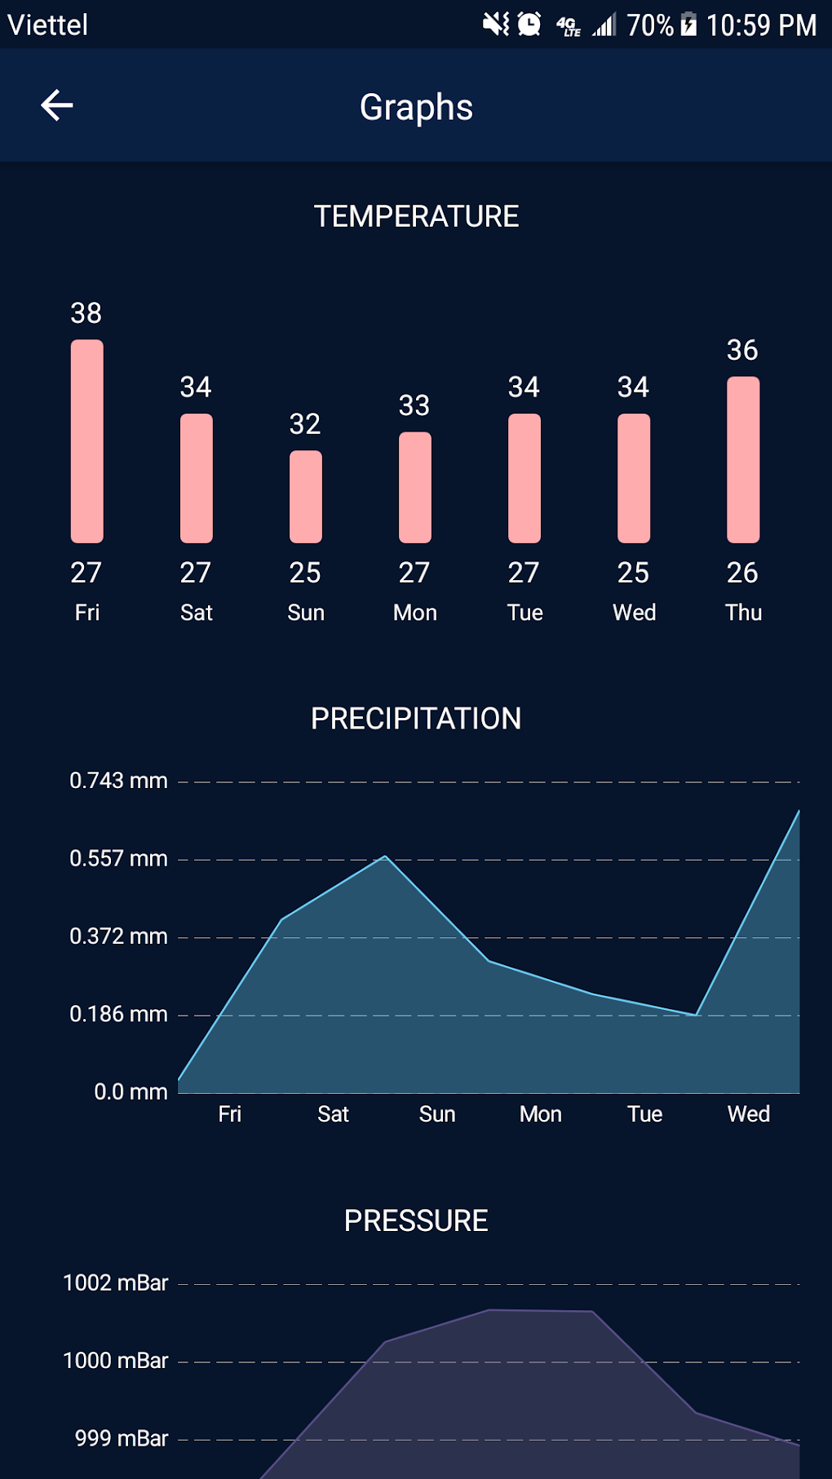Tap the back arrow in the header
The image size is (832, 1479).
point(57,105)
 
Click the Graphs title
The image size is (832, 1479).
point(416,107)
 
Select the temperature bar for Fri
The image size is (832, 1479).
point(87,441)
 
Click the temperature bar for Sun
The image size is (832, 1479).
point(306,497)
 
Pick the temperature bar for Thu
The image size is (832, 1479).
point(743,459)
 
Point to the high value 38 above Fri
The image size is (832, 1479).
point(86,313)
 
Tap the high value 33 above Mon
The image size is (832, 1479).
point(414,405)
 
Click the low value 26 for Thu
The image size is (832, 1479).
point(742,573)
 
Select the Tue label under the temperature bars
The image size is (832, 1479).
point(524,613)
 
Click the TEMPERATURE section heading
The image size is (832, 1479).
point(416,216)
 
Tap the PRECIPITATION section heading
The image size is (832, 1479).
point(416,719)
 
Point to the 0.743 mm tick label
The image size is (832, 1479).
point(118,781)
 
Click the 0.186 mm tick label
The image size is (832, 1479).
point(118,1014)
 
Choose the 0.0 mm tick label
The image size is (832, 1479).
point(131,1092)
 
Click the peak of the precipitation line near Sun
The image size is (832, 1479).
point(385,857)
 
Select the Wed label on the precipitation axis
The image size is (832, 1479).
point(748,1114)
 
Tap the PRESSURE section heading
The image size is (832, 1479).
point(416,1221)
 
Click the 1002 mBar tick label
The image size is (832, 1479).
point(116,1283)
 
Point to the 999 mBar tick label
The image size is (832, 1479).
point(122,1438)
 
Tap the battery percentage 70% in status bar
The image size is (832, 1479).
point(649,25)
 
